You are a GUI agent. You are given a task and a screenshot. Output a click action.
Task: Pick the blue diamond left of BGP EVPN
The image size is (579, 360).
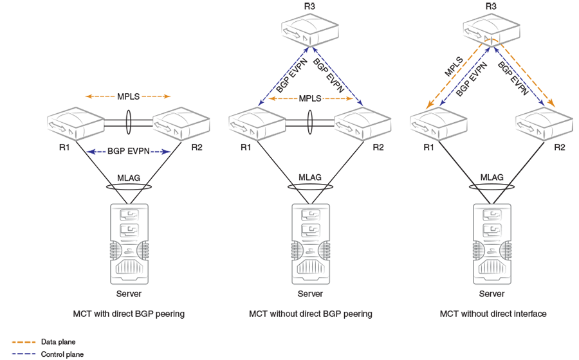95,149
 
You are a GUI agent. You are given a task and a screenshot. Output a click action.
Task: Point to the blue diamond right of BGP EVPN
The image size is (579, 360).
163,149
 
